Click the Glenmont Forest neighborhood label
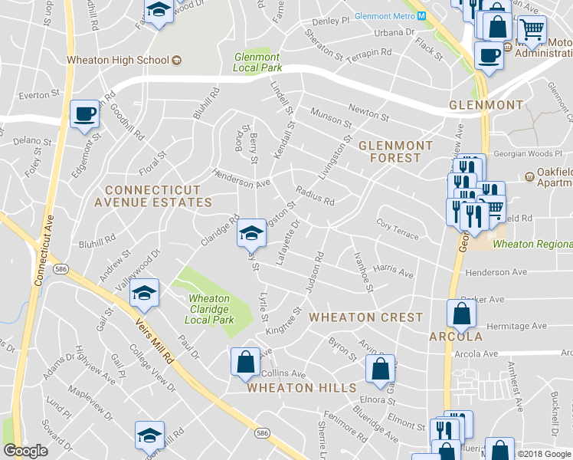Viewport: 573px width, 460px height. point(390,151)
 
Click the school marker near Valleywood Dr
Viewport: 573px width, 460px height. point(144,293)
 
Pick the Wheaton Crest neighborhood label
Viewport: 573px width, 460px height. point(365,317)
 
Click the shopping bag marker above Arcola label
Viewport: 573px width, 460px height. point(461,313)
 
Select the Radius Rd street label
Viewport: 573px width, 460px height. point(315,195)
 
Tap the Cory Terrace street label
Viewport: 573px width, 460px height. point(398,228)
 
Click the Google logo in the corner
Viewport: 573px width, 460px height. point(25,451)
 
